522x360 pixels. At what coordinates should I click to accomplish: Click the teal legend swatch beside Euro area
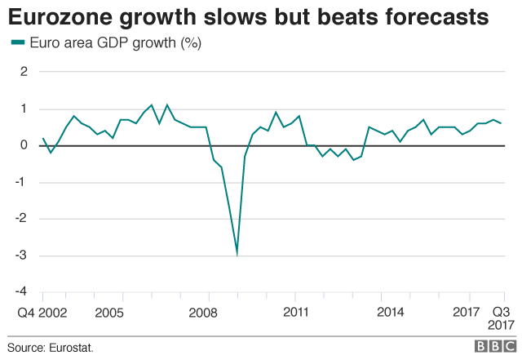[15, 43]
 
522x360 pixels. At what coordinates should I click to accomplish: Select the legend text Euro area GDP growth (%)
[114, 43]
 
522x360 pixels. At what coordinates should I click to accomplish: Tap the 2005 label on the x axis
[110, 312]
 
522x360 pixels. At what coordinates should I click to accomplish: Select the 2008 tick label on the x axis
[203, 312]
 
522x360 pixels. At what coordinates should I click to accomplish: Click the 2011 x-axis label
[297, 312]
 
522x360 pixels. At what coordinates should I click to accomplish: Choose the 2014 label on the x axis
[391, 312]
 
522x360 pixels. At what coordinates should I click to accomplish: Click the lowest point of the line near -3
[237, 254]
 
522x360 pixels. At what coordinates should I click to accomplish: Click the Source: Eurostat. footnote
[51, 347]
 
